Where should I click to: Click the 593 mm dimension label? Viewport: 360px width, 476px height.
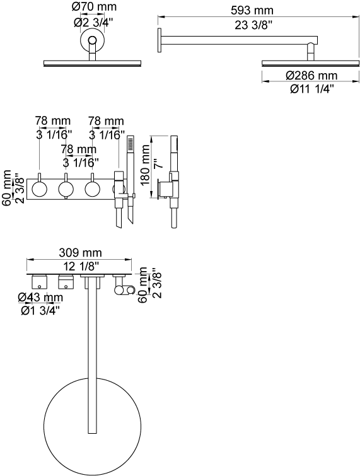pyautogui.click(x=252, y=10)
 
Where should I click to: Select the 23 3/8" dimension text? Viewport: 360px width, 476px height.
pyautogui.click(x=252, y=25)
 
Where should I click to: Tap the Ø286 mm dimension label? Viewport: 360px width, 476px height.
pyautogui.click(x=311, y=75)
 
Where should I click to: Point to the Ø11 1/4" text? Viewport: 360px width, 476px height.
pyautogui.click(x=311, y=90)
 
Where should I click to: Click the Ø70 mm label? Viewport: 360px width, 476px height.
pyautogui.click(x=94, y=7)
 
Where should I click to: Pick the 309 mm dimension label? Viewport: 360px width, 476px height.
pyautogui.click(x=80, y=252)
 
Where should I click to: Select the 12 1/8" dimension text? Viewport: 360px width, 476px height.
pyautogui.click(x=81, y=266)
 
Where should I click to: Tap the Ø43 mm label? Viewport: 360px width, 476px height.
pyautogui.click(x=40, y=297)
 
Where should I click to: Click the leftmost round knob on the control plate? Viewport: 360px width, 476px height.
pyautogui.click(x=40, y=189)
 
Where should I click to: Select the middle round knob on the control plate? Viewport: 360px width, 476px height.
pyautogui.click(x=66, y=189)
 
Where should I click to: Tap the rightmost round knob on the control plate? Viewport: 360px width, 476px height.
pyautogui.click(x=93, y=189)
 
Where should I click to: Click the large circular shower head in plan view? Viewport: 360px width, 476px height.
pyautogui.click(x=93, y=426)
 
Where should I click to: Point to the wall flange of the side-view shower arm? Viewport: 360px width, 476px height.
pyautogui.click(x=159, y=41)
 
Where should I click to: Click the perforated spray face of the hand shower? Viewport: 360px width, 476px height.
pyautogui.click(x=131, y=144)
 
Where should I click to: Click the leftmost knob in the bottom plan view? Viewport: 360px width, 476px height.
pyautogui.click(x=40, y=281)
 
